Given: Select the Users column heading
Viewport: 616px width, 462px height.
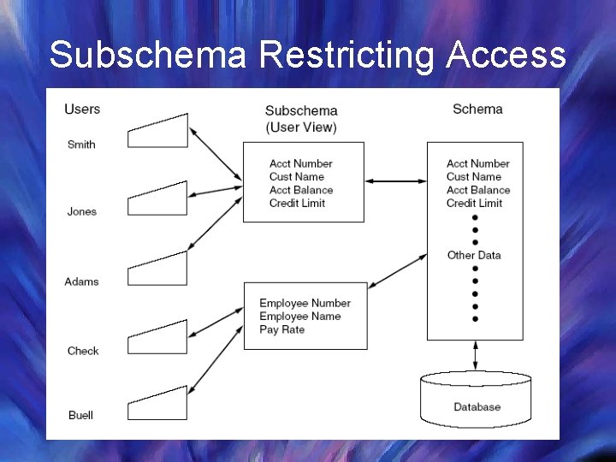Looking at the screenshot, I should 82,109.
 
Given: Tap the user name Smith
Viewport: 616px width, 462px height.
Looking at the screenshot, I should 81,145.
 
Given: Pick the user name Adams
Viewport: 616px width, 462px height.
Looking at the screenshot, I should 81,281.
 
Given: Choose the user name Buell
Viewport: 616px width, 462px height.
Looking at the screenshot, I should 80,415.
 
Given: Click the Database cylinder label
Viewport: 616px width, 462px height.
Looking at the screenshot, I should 477,407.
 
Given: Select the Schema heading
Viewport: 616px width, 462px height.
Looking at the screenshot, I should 477,109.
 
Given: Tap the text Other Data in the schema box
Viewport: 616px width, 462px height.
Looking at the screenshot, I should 474,255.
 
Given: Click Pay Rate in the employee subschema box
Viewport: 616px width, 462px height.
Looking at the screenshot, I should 281,329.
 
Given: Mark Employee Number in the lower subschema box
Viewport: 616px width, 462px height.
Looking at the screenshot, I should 305,303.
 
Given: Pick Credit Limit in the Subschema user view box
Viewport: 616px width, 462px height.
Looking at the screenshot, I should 297,203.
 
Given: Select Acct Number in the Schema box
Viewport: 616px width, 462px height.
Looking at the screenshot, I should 477,163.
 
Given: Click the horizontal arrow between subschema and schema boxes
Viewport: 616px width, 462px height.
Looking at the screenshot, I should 395,181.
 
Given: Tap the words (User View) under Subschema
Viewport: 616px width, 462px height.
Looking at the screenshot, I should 301,127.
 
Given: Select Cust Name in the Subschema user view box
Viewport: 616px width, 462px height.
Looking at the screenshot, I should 297,176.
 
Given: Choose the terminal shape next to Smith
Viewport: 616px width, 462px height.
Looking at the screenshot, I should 157,131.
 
